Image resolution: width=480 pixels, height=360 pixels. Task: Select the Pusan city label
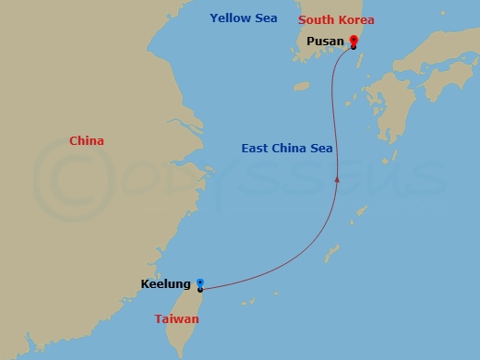(x=324, y=42)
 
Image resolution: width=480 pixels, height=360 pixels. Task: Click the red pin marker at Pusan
(x=354, y=41)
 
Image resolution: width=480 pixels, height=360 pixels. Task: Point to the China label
(x=87, y=140)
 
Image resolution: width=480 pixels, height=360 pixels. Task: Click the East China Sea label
(x=287, y=148)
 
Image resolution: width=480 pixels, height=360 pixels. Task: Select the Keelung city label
(x=166, y=283)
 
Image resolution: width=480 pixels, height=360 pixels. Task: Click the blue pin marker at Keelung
(x=200, y=284)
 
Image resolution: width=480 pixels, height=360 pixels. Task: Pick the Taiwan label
(x=176, y=319)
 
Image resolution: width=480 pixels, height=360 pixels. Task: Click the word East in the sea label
(x=257, y=148)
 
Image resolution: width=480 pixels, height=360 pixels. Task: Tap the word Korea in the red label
(x=357, y=19)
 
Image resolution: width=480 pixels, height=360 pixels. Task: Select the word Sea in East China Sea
(x=321, y=148)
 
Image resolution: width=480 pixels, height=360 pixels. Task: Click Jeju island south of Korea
(x=301, y=86)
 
